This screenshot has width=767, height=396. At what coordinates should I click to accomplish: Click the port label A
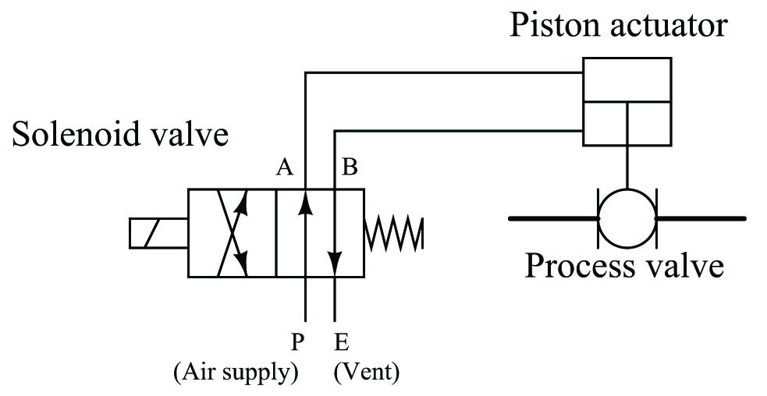[x=284, y=168]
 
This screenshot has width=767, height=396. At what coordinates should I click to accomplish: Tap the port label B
[x=350, y=168]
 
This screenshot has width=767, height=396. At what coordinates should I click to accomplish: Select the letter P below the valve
[x=298, y=342]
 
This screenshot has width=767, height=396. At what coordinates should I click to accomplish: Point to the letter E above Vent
[x=342, y=342]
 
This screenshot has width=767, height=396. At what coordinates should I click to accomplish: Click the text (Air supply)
[x=236, y=373]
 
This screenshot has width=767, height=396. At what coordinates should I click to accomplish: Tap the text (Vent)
[x=367, y=373]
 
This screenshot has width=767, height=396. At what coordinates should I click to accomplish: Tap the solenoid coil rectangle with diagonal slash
[x=158, y=234]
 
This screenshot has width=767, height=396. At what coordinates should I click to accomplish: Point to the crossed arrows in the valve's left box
[x=233, y=234]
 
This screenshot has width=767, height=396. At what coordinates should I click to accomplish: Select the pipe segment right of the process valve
[x=701, y=218]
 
